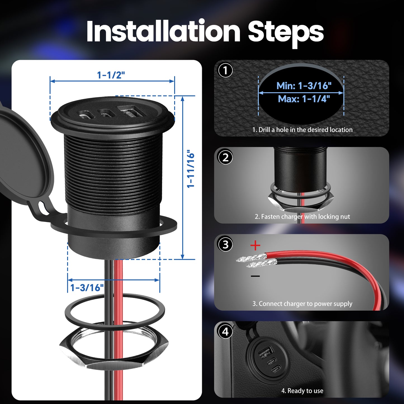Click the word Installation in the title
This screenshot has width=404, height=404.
coord(163,31)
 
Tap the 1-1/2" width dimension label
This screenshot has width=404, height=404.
coord(111,75)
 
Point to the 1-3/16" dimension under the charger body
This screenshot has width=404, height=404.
coord(87,287)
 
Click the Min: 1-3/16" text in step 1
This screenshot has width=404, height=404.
coord(304,86)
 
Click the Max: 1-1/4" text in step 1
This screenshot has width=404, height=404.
coord(304,99)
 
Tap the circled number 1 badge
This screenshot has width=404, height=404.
coord(225,70)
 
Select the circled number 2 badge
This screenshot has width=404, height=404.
coord(225,158)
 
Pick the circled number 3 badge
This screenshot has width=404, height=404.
coord(225,245)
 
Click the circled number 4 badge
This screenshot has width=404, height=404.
coord(225,332)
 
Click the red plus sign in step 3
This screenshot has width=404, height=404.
coord(255,246)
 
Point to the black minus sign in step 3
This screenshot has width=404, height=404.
coord(255,276)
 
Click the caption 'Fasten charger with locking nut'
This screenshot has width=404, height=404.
coord(302,217)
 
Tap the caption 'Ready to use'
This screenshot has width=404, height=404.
coord(302,391)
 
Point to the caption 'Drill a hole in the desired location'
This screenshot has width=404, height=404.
coord(302,130)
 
